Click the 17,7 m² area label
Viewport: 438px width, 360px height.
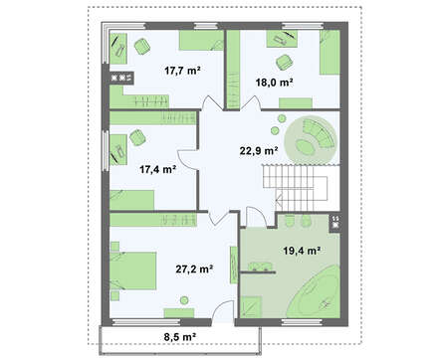pos(182,71)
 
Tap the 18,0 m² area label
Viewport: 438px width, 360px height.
pos(274,83)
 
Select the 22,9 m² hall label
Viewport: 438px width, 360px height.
pos(259,151)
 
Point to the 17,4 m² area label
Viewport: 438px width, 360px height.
pos(157,170)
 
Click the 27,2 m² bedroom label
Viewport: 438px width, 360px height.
pos(194,270)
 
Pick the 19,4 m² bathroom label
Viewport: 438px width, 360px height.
pos(302,251)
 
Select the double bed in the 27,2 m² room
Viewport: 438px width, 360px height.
pos(133,271)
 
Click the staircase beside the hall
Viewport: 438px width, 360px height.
pos(295,187)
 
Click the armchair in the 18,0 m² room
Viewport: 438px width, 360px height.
pos(285,62)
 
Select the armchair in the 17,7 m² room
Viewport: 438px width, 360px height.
pos(142,46)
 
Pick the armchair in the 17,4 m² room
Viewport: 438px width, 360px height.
pos(137,137)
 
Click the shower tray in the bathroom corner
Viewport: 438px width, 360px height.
pos(251,307)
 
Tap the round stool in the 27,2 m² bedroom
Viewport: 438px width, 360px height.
pos(184,300)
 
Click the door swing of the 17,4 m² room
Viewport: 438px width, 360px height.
pos(188,159)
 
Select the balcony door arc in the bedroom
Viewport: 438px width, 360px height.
pos(222,310)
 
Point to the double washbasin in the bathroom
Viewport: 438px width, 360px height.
pos(261,267)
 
